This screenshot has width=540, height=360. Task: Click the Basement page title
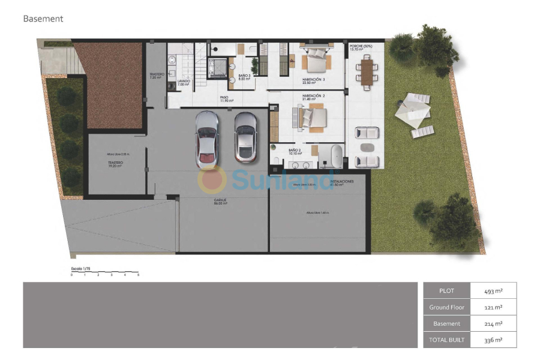pos(43,19)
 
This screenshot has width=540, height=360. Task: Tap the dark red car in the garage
pos(245,138)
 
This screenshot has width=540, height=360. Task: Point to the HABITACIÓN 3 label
pos(313,81)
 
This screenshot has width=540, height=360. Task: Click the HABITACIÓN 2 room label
pos(313,97)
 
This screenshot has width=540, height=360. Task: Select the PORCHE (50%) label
pos(360,47)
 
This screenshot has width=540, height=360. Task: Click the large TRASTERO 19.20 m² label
pos(115,164)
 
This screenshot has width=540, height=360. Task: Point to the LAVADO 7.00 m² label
pos(184,83)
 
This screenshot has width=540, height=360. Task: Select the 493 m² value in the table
pos(493,291)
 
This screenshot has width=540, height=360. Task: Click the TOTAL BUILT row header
pos(446,340)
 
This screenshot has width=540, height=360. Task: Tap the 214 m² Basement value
pos(493,323)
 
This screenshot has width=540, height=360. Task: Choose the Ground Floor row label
pos(446,307)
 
